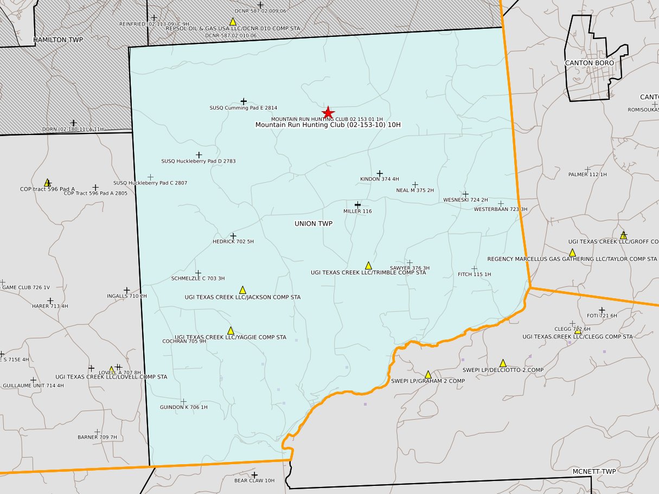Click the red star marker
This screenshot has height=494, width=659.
coord(328,112)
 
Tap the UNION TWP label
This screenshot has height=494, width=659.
coord(313,223)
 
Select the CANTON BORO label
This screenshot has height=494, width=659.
coord(590,63)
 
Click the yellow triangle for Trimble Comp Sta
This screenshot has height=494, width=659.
coord(368,265)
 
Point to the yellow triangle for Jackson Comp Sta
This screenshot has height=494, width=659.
coord(242,290)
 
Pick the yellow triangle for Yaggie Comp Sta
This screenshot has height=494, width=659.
coord(231,330)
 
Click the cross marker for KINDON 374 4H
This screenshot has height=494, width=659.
coord(380,173)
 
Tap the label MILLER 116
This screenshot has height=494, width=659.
coord(357,211)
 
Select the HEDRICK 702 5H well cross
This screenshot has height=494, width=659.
coord(233,236)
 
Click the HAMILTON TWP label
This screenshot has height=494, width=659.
coord(58,40)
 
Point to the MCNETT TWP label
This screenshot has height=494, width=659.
coord(594,471)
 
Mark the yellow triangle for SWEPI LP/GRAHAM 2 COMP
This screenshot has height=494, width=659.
coord(428,374)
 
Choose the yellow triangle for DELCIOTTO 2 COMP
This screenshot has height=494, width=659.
coord(503,363)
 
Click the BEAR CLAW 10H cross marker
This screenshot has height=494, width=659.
coord(254,474)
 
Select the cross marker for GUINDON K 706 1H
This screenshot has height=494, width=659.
coord(183,401)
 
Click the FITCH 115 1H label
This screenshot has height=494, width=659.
coord(474,274)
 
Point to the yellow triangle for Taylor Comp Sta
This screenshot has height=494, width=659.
coord(572,252)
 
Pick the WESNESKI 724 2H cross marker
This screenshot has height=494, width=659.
coord(465,194)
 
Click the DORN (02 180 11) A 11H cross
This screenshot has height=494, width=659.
coord(73,123)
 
